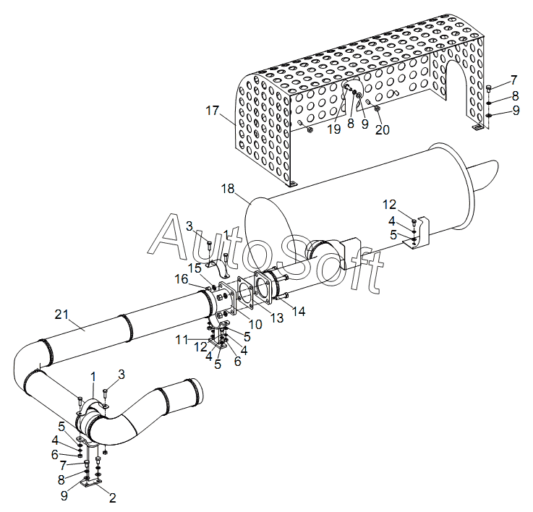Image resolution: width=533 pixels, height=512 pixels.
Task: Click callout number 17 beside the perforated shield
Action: click(x=212, y=111)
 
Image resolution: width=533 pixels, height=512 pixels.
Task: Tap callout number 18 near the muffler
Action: click(x=228, y=189)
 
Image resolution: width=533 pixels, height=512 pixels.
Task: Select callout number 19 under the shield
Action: click(x=333, y=129)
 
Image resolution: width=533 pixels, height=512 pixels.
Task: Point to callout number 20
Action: click(x=382, y=129)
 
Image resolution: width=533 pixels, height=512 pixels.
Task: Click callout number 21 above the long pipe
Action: click(x=62, y=314)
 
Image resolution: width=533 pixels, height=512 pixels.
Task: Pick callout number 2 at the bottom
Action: click(x=112, y=498)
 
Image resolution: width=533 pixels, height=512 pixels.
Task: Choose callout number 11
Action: click(x=182, y=338)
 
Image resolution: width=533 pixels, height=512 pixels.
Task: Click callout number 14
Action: click(x=298, y=311)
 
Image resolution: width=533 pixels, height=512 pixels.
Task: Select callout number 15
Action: click(x=195, y=268)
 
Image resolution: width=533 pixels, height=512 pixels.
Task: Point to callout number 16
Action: click(x=182, y=278)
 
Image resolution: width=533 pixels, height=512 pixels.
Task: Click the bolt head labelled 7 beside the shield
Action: click(x=490, y=88)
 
